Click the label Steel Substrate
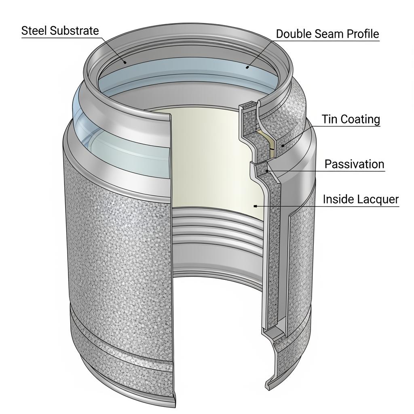60,31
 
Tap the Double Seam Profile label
327,34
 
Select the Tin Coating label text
351,119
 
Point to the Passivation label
354,164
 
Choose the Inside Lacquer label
361,199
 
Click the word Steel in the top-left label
34,31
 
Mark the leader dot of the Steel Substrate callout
125,63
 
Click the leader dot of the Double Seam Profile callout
247,68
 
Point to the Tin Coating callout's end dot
283,145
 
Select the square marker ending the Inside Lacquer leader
255,206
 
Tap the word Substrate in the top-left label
75,31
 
